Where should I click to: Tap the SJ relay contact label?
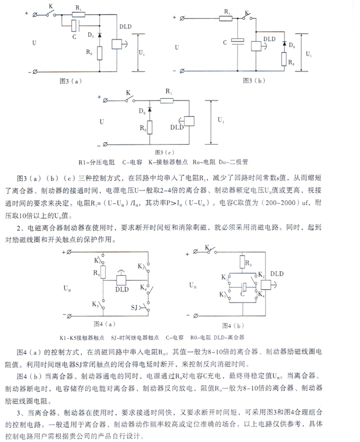tap(134, 306)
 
